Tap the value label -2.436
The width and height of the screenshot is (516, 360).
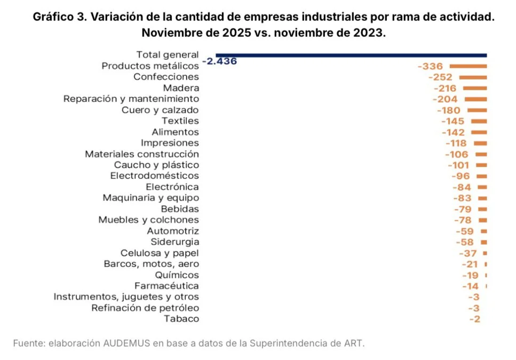[x=219, y=61]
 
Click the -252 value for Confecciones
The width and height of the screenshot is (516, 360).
[x=440, y=77]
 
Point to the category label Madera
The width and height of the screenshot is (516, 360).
[x=181, y=88]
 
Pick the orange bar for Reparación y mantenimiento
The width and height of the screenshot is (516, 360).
[x=476, y=99]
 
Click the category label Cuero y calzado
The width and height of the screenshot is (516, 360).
[x=160, y=110]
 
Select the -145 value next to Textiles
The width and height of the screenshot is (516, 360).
[x=453, y=121]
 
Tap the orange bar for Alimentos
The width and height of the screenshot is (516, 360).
[x=479, y=132]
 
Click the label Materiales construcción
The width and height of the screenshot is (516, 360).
[x=141, y=154]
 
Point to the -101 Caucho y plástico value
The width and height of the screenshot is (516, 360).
[x=458, y=165]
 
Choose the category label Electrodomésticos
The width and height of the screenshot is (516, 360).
[x=154, y=176]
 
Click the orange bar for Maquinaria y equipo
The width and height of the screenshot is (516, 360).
[x=483, y=198]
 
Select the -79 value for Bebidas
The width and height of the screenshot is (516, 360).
[x=463, y=209]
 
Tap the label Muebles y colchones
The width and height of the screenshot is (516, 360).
[x=148, y=220]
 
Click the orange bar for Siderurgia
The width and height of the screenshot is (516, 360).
[x=485, y=242]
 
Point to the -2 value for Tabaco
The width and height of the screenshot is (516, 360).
[x=475, y=319]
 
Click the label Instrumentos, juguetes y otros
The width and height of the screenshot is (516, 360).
[x=126, y=297]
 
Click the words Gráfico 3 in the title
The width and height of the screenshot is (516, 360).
[x=59, y=17]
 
